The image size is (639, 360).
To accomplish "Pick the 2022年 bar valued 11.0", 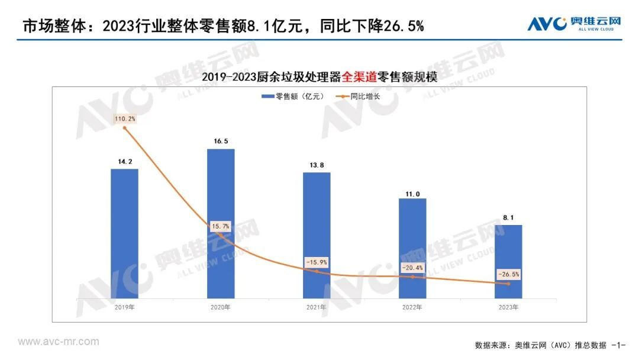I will coord(412,248).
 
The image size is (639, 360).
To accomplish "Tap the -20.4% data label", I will coord(412,268).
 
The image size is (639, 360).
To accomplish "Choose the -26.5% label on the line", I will coord(508,274).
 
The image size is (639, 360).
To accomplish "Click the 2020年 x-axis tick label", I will coord(221,307).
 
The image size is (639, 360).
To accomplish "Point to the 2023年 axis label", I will coord(508,307).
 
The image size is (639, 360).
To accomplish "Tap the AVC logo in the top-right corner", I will coord(574,24).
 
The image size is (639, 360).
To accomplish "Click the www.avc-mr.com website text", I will coord(59,342).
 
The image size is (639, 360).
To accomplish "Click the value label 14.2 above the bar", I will coord(124,160).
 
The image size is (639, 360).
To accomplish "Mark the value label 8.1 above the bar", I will coord(508,217).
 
